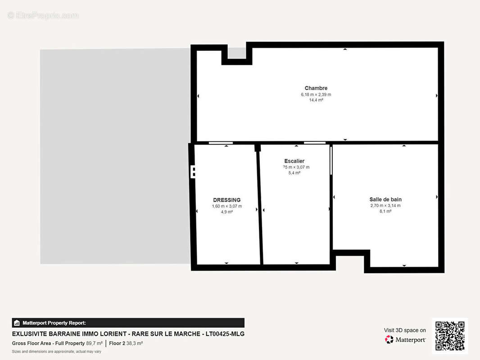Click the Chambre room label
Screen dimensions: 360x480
click(316, 88)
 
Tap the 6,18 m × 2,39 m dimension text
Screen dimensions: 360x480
click(316, 94)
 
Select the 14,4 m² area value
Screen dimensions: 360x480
click(316, 100)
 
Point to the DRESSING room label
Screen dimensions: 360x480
click(226, 200)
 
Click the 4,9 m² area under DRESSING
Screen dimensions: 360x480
click(226, 211)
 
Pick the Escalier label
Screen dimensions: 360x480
click(294, 161)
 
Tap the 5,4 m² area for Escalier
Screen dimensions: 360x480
click(294, 172)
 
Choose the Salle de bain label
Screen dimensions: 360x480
click(385, 199)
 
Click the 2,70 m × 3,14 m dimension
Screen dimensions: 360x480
click(385, 206)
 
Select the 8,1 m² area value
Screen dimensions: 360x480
click(385, 211)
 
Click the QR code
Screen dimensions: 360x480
click(450, 336)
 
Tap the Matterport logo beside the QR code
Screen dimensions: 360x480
click(405, 340)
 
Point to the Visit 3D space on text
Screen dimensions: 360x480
click(405, 330)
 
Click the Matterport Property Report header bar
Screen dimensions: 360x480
click(128, 323)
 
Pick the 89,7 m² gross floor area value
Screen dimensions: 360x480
click(94, 343)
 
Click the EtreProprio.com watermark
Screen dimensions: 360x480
click(43, 16)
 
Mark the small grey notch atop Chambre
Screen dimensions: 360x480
click(236, 53)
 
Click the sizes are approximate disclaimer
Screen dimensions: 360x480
click(56, 351)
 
